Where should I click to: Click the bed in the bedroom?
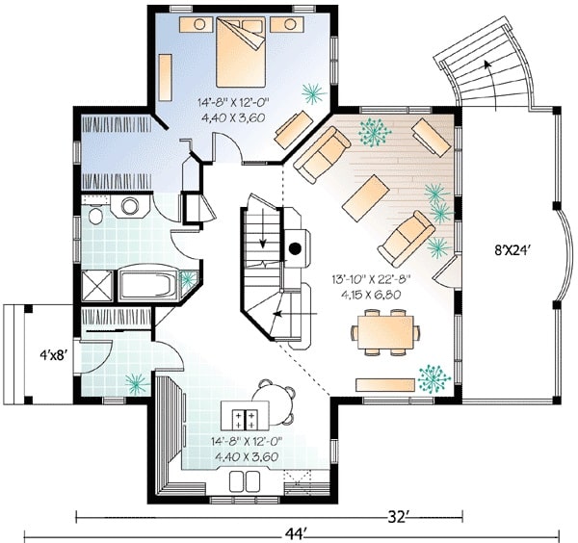click(240, 52)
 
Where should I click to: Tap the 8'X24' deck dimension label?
click(512, 250)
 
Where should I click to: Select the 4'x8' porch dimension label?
click(53, 355)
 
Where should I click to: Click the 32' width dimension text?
click(396, 517)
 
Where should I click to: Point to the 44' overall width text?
click(296, 533)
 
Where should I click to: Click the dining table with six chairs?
click(384, 332)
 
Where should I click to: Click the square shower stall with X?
click(97, 286)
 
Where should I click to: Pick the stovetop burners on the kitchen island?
click(244, 420)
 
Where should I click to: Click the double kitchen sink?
click(245, 481)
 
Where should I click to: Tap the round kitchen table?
click(274, 402)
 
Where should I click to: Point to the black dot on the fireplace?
click(295, 249)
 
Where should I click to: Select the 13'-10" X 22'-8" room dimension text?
click(370, 279)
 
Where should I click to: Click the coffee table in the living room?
click(366, 197)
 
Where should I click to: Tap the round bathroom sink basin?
click(129, 206)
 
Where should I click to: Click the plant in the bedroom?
click(314, 93)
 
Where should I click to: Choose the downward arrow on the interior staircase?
click(262, 227)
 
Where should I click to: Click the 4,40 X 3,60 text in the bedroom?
click(233, 117)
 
